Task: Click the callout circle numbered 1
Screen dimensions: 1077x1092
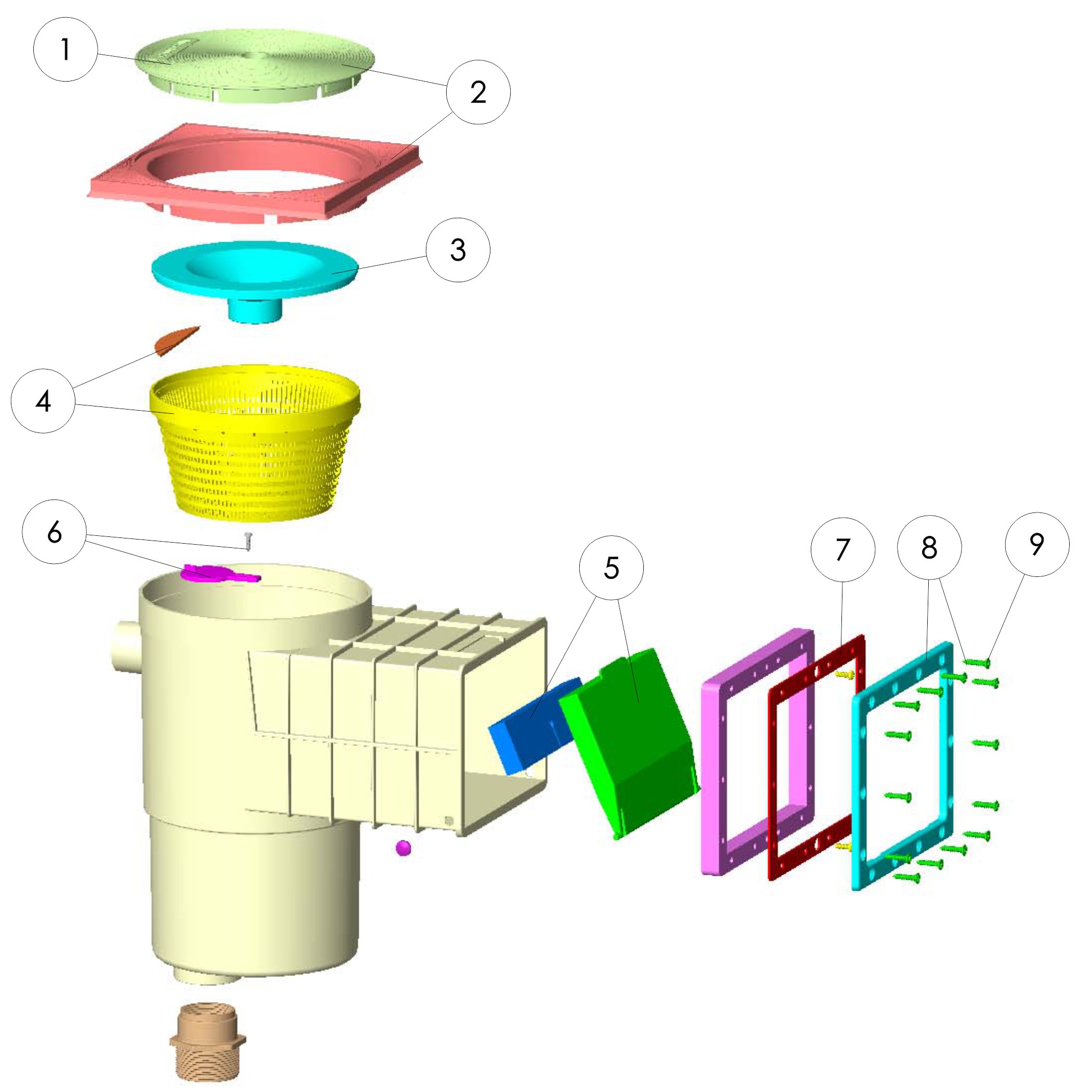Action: [x=66, y=50]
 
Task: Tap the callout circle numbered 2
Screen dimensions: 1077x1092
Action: [x=478, y=92]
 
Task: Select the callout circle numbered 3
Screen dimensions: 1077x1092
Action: [x=458, y=250]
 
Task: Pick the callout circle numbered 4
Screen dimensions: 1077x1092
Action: [x=43, y=401]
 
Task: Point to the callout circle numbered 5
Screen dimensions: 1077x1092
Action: [x=612, y=568]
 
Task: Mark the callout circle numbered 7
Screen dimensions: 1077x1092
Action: [x=842, y=549]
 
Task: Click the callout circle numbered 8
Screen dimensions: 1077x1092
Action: [x=929, y=547]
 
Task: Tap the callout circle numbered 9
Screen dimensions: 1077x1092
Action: [x=1037, y=544]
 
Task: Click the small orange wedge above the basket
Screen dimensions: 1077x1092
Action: [x=175, y=340]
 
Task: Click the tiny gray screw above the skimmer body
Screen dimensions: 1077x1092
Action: [x=247, y=541]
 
